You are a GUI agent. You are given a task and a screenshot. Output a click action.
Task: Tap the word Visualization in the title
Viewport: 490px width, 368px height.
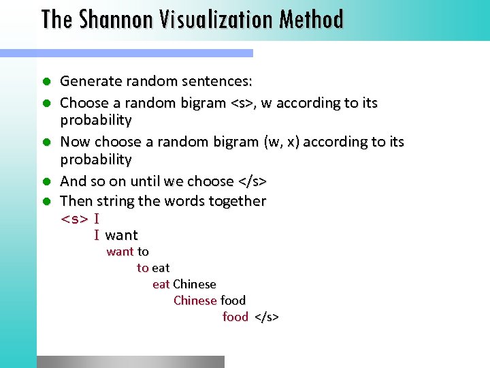(x=209, y=19)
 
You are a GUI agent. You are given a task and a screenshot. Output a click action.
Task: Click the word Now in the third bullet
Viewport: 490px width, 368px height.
(x=75, y=142)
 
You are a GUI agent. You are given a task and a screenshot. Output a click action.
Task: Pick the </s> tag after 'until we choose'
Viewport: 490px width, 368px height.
(x=252, y=181)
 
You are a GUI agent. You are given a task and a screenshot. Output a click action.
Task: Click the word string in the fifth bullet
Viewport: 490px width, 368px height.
(x=115, y=201)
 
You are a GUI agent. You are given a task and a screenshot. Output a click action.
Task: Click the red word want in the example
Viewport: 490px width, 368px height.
(x=120, y=251)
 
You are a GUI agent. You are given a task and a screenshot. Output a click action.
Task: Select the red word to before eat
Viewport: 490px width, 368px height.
(x=142, y=268)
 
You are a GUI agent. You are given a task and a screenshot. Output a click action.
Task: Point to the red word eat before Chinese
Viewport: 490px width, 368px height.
(x=161, y=284)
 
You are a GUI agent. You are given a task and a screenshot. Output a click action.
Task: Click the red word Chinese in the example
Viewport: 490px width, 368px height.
(x=195, y=301)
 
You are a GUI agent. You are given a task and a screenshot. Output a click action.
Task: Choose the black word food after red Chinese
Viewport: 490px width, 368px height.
(x=233, y=301)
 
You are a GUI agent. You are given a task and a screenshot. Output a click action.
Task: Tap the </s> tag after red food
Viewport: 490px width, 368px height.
(x=267, y=317)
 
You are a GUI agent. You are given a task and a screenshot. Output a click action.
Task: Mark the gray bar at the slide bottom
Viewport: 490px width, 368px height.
(x=130, y=362)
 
